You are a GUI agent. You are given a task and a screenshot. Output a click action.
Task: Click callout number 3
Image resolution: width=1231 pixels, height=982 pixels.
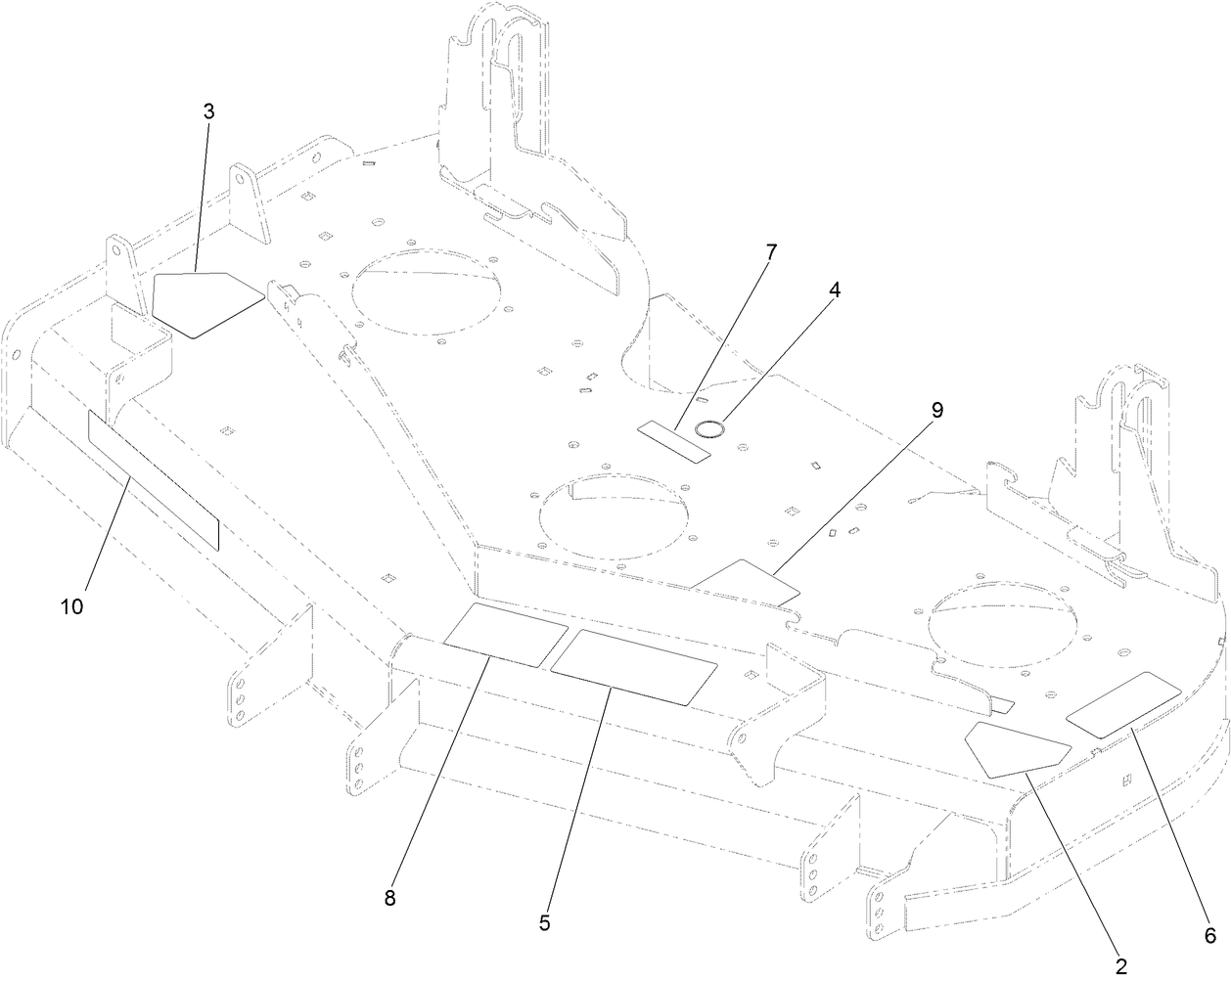coord(208,112)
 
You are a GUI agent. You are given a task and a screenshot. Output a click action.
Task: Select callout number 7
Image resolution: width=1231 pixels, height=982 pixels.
coord(771,252)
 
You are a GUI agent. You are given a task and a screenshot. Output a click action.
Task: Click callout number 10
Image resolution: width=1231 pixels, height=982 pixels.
coord(71,606)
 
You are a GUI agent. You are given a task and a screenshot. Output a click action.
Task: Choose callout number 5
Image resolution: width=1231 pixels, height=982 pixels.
coord(544,922)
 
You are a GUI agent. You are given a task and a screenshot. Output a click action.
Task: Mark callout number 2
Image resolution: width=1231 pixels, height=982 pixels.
coord(1121,965)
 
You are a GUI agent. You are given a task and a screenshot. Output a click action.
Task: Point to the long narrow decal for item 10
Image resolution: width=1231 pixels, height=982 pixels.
coord(153,479)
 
